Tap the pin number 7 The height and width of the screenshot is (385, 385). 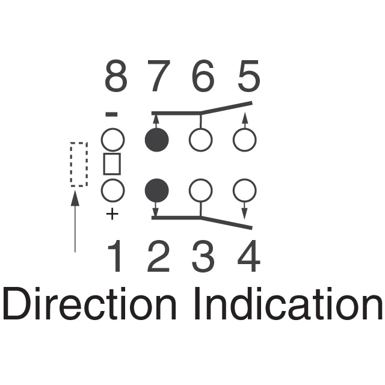(157, 76)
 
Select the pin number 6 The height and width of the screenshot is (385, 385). (202, 76)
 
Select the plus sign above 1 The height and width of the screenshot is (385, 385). (112, 214)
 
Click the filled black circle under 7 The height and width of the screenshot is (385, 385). (156, 141)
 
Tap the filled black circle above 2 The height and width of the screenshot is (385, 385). (156, 191)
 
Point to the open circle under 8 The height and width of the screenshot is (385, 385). (112, 141)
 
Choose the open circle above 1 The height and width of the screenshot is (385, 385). (112, 191)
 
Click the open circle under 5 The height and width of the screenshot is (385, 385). (244, 141)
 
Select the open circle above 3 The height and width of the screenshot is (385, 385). (200, 191)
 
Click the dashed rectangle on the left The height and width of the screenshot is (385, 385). (78, 164)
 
